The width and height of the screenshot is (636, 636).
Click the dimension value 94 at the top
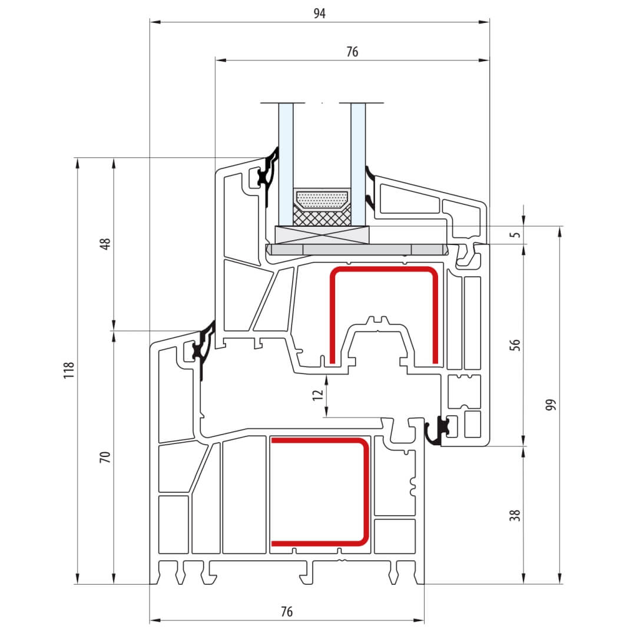pos(319,14)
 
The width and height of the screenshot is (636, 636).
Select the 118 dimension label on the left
pos(69,370)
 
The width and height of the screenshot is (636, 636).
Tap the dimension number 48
pos(105,244)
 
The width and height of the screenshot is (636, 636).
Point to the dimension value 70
pos(105,457)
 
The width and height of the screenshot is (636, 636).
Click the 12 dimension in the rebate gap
pos(317,395)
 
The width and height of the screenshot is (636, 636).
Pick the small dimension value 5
pos(515,235)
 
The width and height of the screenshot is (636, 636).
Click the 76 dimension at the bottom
pos(286,611)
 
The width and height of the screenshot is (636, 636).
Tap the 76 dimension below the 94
pos(352,52)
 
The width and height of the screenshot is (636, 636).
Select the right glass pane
pos(358,164)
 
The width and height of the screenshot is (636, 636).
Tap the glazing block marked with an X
pos(322,235)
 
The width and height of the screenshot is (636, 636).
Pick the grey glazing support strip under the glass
pos(357,250)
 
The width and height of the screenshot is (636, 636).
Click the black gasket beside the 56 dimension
pos(437,432)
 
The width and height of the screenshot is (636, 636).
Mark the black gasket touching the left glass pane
pos(268,174)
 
